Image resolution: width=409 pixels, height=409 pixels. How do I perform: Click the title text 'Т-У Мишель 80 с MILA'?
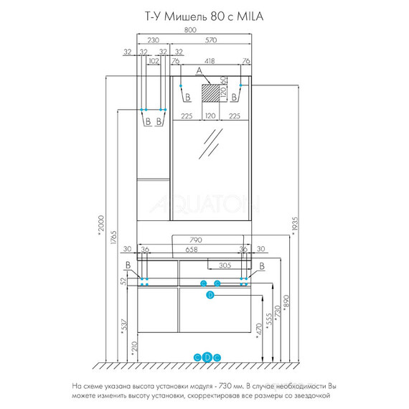(204, 17)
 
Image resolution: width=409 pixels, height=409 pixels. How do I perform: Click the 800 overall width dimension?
(190, 29)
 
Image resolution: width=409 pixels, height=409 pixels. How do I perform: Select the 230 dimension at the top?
(153, 40)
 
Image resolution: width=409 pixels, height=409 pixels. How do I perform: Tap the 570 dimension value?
(211, 40)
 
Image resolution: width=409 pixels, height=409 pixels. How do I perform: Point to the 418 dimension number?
(210, 61)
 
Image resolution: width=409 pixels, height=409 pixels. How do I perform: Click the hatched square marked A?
(210, 93)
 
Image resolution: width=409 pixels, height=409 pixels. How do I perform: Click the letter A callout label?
(199, 70)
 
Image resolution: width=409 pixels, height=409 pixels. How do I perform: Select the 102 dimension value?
(154, 61)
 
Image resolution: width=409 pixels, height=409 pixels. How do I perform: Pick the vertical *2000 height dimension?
(100, 224)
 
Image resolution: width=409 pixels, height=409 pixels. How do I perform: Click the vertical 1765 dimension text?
(113, 238)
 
